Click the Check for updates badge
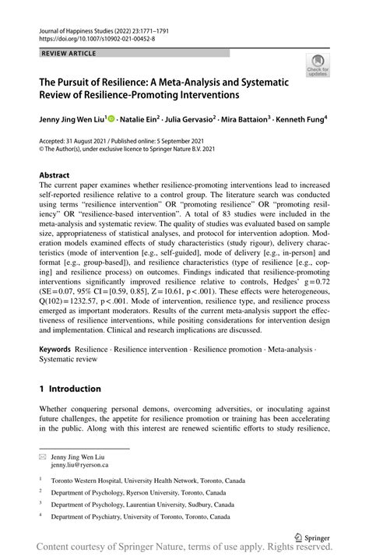[x=318, y=68]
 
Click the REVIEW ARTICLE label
[x=65, y=53]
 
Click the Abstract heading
[x=56, y=176]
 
